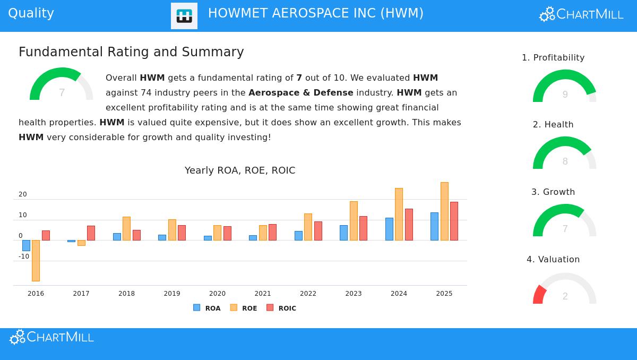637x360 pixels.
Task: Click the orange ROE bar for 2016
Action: [x=36, y=260]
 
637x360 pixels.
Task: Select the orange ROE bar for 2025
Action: [x=444, y=211]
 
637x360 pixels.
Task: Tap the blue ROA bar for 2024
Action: [x=389, y=229]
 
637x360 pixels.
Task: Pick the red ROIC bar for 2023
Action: [x=363, y=228]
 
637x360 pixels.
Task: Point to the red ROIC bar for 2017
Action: [x=91, y=233]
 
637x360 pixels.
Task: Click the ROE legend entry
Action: [x=244, y=308]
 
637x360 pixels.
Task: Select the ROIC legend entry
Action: [x=281, y=308]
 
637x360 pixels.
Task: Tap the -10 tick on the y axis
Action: [x=24, y=256]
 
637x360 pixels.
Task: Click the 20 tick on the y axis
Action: [x=23, y=194]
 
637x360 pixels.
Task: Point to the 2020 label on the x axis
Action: [x=217, y=294]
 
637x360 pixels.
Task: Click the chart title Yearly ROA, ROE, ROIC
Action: [x=240, y=170]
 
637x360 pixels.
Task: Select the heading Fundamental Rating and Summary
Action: [x=131, y=52]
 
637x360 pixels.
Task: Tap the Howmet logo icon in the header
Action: [x=184, y=16]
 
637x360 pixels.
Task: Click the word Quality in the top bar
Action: [x=31, y=13]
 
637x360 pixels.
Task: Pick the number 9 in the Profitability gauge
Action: [x=565, y=95]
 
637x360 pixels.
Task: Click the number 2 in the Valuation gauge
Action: [x=565, y=296]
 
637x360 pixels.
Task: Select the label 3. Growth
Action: [x=553, y=192]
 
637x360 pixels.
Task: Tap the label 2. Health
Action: [x=553, y=125]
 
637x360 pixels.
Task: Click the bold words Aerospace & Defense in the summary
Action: [x=301, y=93]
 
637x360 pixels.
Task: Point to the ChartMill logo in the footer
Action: [x=52, y=337]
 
